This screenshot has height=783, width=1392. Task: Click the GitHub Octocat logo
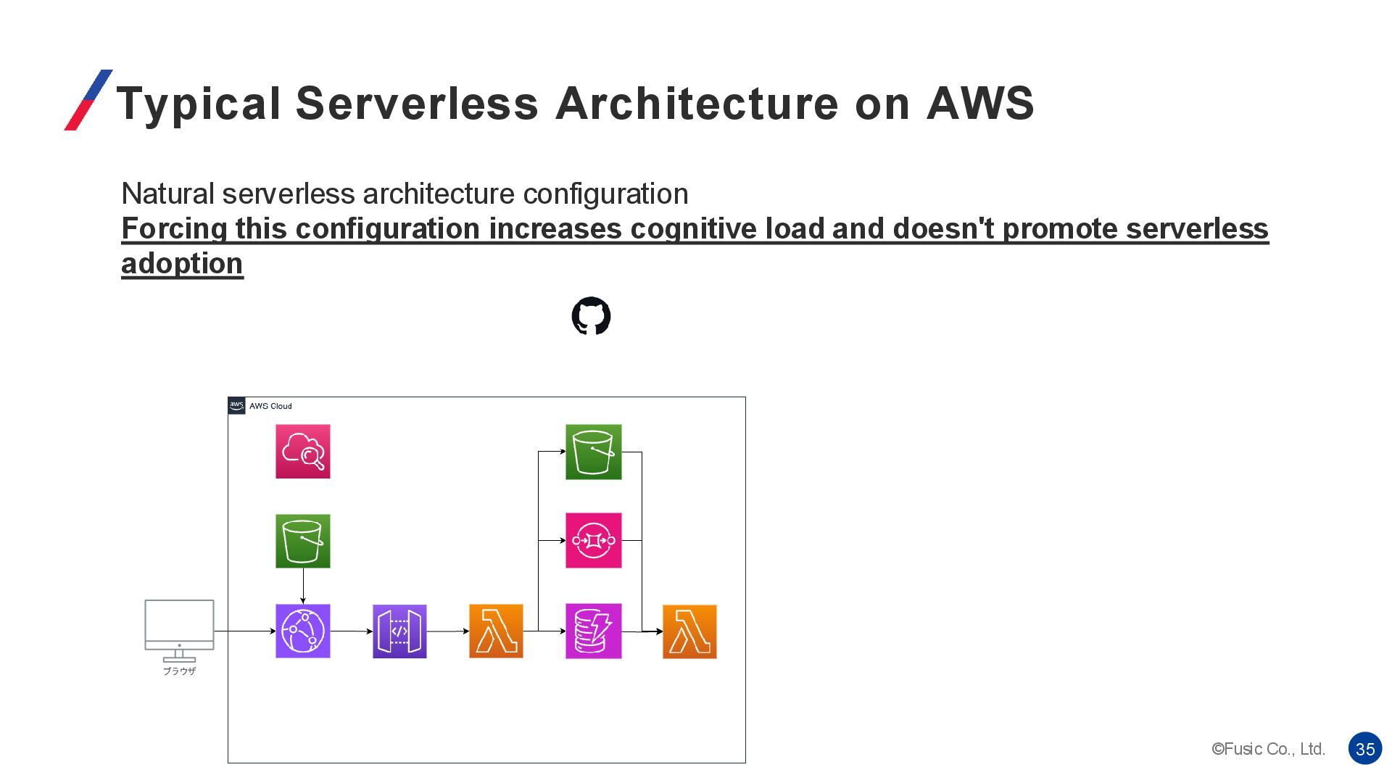click(x=591, y=316)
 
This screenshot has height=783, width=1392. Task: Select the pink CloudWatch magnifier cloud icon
click(x=303, y=451)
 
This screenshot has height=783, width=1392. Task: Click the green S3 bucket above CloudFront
click(x=303, y=541)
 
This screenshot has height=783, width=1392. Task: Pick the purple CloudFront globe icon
click(x=303, y=631)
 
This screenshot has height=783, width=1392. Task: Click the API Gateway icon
click(x=399, y=631)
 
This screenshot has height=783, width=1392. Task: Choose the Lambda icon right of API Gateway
click(x=496, y=631)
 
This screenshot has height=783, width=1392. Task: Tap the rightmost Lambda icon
click(x=689, y=631)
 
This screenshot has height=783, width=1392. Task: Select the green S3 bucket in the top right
click(x=593, y=452)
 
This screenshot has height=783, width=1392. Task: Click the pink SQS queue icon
click(x=593, y=540)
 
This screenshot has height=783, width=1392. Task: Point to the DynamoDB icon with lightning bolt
click(x=593, y=631)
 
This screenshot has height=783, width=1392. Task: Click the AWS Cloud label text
click(x=270, y=406)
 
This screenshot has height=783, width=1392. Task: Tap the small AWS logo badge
click(x=236, y=405)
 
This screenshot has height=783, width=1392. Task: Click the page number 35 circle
click(x=1365, y=749)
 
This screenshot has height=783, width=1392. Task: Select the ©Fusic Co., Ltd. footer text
click(x=1268, y=749)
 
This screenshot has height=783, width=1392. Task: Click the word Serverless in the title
click(x=417, y=103)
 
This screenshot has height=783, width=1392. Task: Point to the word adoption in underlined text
click(x=182, y=263)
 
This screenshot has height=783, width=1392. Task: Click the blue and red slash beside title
click(x=88, y=100)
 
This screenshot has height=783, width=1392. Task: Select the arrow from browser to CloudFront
click(x=244, y=631)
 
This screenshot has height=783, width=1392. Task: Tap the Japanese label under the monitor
click(x=179, y=671)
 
